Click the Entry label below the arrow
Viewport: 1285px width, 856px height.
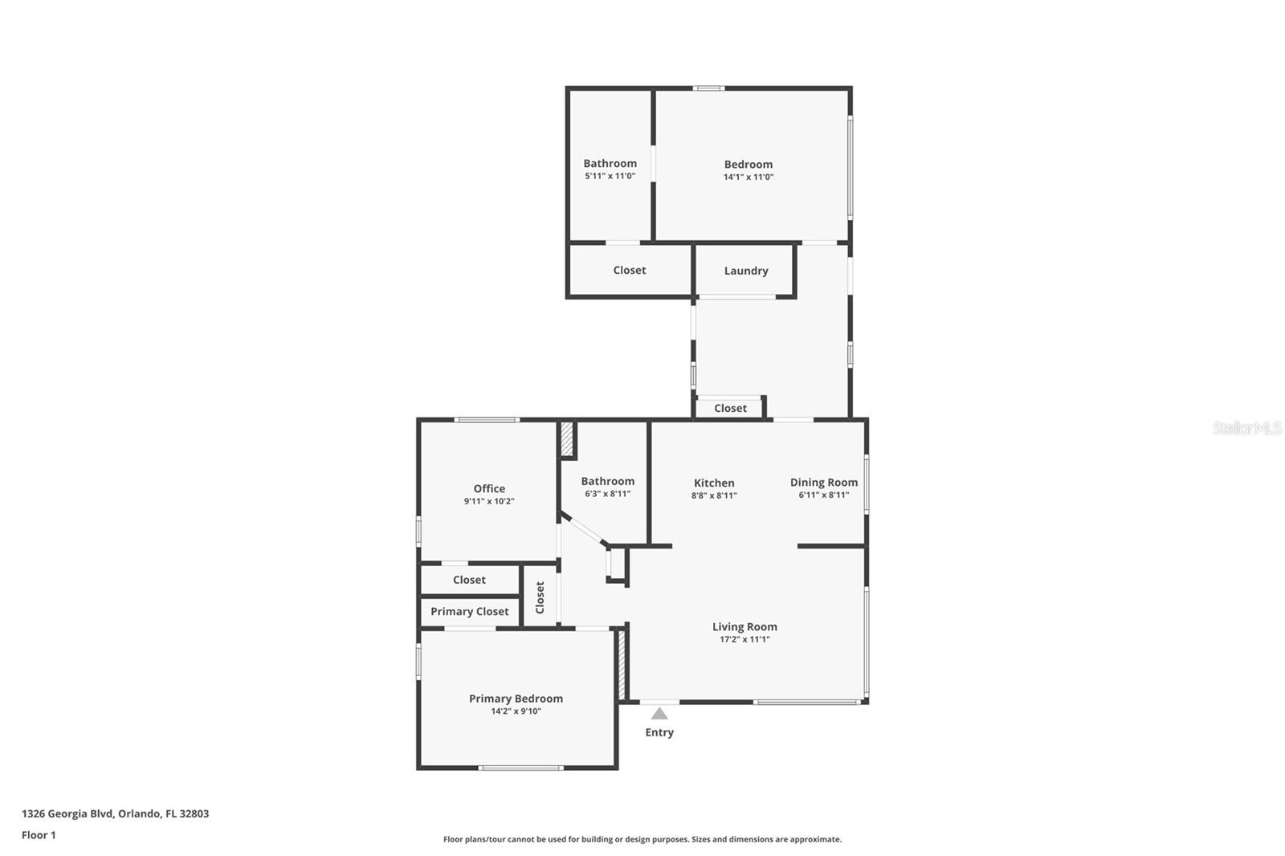coord(659,732)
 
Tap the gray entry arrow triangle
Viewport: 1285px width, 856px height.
coord(659,713)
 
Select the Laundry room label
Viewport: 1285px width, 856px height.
coord(746,271)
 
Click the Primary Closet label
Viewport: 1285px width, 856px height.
coord(470,611)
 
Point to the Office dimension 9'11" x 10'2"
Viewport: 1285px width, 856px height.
coord(489,501)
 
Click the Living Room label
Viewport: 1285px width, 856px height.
coord(744,626)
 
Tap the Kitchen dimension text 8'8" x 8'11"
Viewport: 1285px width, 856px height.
coord(714,495)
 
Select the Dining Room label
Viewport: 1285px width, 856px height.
coord(824,482)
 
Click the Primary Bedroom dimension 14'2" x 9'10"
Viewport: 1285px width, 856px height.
coord(516,711)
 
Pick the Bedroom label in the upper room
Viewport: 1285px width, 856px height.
coord(749,164)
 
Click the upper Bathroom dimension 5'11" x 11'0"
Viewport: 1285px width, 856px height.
coord(610,176)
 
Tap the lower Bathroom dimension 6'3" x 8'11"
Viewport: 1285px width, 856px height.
coord(608,494)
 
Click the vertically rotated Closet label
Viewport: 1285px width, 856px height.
coord(540,597)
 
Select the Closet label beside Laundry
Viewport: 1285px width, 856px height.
coord(630,270)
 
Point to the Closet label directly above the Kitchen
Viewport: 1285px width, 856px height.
coord(731,408)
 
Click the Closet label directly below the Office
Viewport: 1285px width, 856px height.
coord(469,580)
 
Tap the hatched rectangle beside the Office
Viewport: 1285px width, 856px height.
coord(567,439)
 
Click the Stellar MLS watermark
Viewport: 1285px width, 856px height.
coord(1247,428)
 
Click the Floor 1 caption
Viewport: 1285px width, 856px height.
coord(39,835)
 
